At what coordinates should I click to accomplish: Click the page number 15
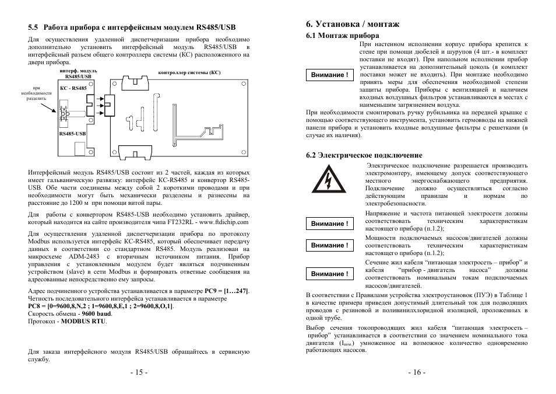139,373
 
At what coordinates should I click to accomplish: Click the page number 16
417,373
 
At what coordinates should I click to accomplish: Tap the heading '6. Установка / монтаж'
353,25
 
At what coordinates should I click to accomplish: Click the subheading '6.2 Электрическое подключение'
364,155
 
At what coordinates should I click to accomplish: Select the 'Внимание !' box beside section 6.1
330,75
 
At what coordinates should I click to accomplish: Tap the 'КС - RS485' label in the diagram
73,88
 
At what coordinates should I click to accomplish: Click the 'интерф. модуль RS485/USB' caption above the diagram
78,74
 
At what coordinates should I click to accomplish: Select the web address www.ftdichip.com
224,222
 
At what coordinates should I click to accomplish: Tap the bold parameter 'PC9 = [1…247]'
227,290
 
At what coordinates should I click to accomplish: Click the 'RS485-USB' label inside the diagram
72,133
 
